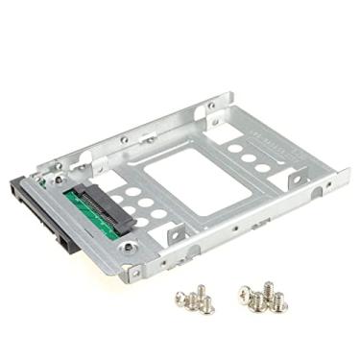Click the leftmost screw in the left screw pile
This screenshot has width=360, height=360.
[x=182, y=295]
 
